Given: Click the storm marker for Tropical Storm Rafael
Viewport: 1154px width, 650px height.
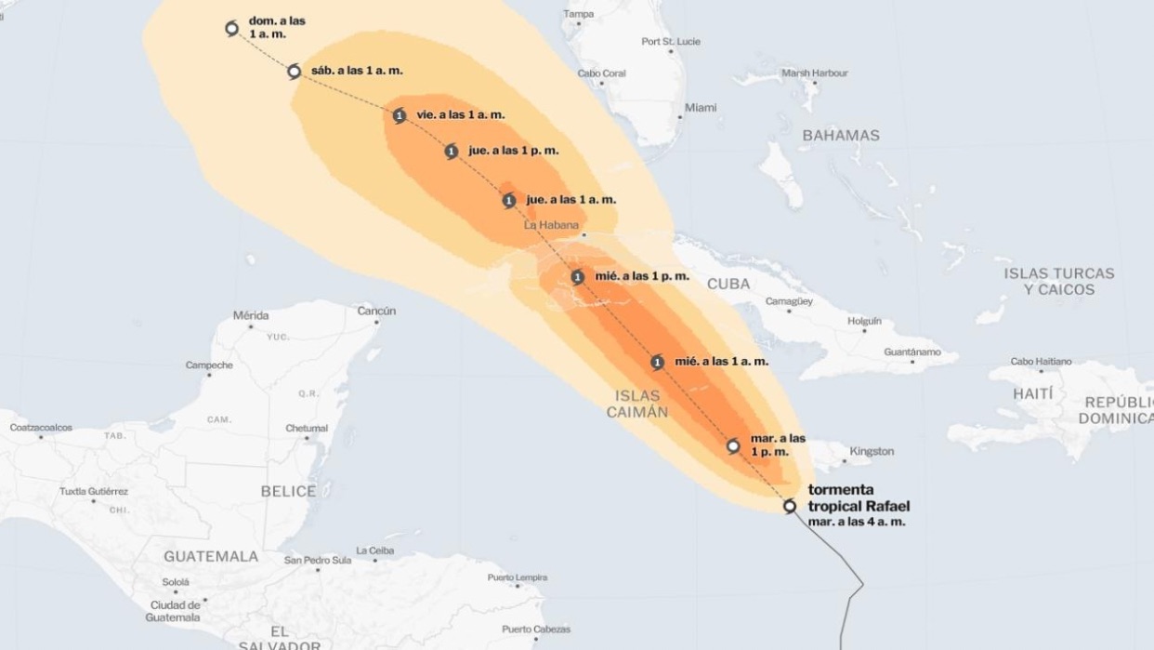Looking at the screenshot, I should pyautogui.click(x=790, y=507).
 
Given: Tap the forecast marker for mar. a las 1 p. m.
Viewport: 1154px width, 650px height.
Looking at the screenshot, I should pyautogui.click(x=733, y=446).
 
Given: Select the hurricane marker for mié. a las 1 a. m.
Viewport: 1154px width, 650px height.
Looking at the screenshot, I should pyautogui.click(x=658, y=363).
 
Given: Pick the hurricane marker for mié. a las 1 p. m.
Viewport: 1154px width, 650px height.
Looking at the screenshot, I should pyautogui.click(x=578, y=277).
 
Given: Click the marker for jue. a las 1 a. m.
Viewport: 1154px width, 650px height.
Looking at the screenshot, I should pyautogui.click(x=509, y=200).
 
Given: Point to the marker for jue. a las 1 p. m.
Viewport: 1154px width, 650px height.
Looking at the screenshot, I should pyautogui.click(x=452, y=152).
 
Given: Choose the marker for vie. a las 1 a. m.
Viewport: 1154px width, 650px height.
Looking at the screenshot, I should pyautogui.click(x=400, y=116).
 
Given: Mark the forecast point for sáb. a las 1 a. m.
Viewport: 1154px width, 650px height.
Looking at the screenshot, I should pyautogui.click(x=294, y=72).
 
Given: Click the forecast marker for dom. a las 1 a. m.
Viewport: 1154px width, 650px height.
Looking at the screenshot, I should pyautogui.click(x=232, y=29).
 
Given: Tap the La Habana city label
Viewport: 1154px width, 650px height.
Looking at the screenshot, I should pyautogui.click(x=551, y=225).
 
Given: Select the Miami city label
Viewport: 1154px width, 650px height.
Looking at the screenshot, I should pyautogui.click(x=701, y=108).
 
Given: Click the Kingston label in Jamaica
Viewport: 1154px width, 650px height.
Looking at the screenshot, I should pyautogui.click(x=872, y=451).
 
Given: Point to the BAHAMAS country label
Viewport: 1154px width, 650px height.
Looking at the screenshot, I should pyautogui.click(x=840, y=136).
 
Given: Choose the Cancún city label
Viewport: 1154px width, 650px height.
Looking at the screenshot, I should pyautogui.click(x=376, y=311).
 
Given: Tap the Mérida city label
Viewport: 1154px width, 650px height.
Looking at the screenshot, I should pyautogui.click(x=251, y=315).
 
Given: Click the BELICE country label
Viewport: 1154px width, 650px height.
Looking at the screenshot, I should pyautogui.click(x=288, y=491).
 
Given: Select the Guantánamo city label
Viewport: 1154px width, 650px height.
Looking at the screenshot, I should pyautogui.click(x=911, y=352).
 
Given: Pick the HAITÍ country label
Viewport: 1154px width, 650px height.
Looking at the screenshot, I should pyautogui.click(x=1032, y=393).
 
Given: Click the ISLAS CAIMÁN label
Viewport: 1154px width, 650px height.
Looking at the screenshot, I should pyautogui.click(x=637, y=404).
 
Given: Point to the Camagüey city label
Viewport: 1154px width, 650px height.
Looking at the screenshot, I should pyautogui.click(x=789, y=301).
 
